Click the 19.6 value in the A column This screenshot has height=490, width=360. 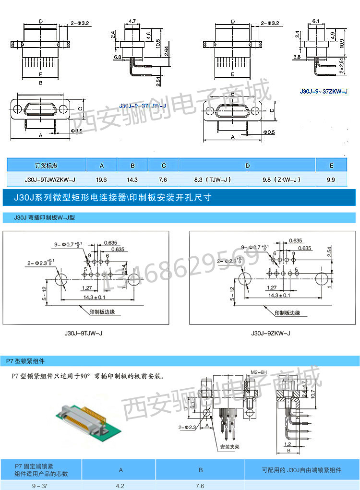click(x=101, y=179)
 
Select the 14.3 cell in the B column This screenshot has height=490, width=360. click(x=132, y=179)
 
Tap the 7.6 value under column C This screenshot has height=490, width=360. click(x=163, y=179)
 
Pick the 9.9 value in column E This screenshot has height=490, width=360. click(x=331, y=179)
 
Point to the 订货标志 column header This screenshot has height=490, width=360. click(x=46, y=166)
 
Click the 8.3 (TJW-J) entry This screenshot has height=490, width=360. click(x=213, y=179)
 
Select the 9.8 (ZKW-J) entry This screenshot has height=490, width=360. click(x=282, y=179)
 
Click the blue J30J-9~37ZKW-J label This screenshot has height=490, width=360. click(x=324, y=91)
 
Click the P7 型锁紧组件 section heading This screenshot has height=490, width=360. click(x=25, y=360)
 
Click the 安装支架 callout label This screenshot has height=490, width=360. click(x=230, y=447)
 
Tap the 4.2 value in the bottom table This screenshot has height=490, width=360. click(x=120, y=486)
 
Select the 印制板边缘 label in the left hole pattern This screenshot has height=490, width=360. click(x=102, y=312)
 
